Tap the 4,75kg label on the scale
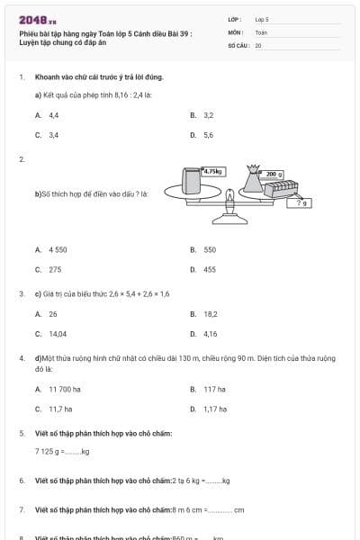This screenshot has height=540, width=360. (x=214, y=171)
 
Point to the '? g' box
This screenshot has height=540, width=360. (x=302, y=203)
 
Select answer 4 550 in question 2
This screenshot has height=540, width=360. (x=58, y=249)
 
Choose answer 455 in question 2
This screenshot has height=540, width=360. (x=209, y=269)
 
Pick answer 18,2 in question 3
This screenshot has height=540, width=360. (x=210, y=314)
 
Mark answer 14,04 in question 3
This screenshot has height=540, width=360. (x=58, y=334)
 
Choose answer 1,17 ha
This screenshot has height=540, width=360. (x=214, y=409)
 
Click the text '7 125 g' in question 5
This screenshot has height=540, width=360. (x=47, y=451)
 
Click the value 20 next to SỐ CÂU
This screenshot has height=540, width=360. (x=258, y=44)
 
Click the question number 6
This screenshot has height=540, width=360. (x=22, y=481)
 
